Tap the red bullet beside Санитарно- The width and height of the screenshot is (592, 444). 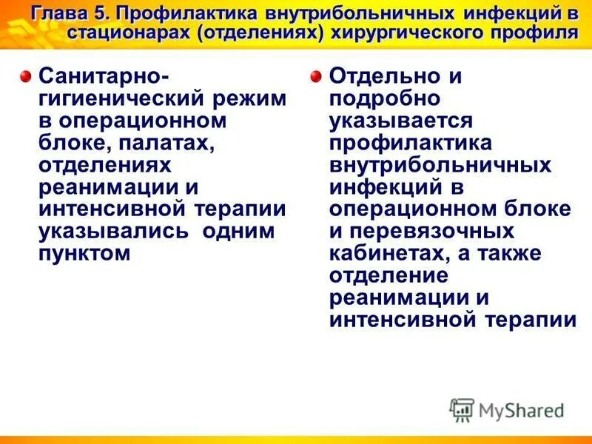(26, 75)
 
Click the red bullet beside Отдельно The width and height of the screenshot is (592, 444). (317, 75)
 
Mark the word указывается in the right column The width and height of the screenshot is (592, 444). (401, 120)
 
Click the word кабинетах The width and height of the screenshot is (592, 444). (394, 254)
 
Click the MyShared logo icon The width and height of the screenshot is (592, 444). (462, 410)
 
